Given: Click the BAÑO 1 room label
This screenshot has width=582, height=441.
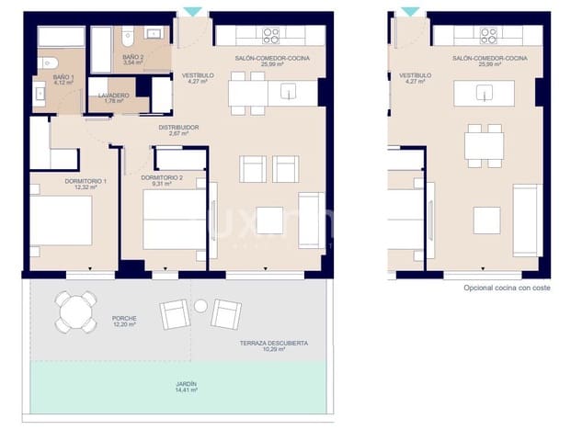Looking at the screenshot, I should pyautogui.click(x=63, y=76).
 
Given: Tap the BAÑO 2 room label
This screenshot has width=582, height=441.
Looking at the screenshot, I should pyautogui.click(x=132, y=57).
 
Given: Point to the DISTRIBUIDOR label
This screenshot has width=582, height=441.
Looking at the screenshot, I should pyautogui.click(x=178, y=128).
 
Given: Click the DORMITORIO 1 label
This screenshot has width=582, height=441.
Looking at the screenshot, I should pyautogui.click(x=86, y=181).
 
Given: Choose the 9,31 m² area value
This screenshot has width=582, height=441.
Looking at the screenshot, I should pyautogui.click(x=162, y=184).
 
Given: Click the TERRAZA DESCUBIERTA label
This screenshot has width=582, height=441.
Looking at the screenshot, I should pyautogui.click(x=273, y=343).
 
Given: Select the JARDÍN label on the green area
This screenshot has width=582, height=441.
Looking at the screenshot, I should pyautogui.click(x=187, y=384).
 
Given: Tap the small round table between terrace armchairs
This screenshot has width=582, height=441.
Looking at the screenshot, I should pyautogui.click(x=200, y=306).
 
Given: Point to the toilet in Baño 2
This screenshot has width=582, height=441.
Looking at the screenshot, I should pyautogui.click(x=129, y=36).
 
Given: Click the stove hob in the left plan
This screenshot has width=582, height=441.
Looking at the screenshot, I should pyautogui.click(x=270, y=36).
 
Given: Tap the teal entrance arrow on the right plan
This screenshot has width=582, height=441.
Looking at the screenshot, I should pyautogui.click(x=410, y=11).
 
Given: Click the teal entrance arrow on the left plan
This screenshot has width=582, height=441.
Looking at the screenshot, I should pyautogui.click(x=192, y=11).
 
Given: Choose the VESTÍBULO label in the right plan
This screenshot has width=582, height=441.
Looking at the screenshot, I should pyautogui.click(x=415, y=76).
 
